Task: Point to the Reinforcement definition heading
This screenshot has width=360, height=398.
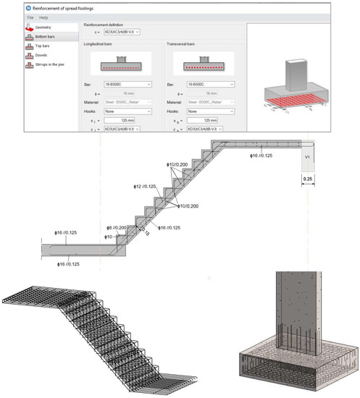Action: pyautogui.click(x=109, y=25)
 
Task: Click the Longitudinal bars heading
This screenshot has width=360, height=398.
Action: pyautogui.click(x=101, y=44)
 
